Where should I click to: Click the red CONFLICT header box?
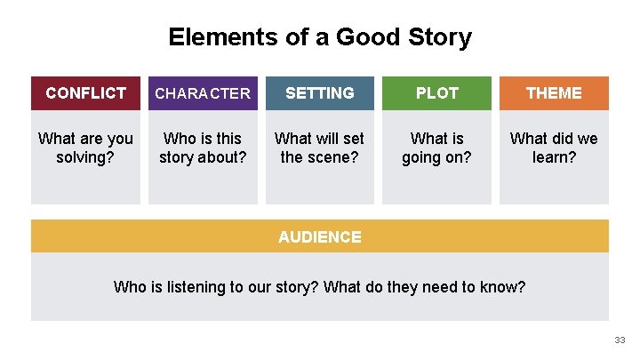[85, 92]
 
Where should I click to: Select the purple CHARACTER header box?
[203, 92]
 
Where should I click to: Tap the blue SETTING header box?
[320, 92]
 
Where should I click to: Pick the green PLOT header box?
[436, 92]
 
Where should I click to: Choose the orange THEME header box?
[554, 92]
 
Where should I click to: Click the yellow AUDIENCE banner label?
[320, 236]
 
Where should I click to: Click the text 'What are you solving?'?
[85, 148]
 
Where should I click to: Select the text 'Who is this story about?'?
[203, 148]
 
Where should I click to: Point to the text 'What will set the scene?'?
[320, 148]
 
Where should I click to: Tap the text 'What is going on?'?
[436, 148]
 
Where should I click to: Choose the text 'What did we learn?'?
[554, 148]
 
